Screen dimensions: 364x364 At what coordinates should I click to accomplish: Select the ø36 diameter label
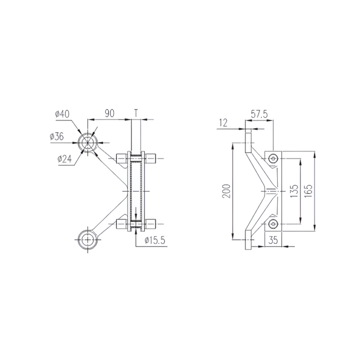[x=57, y=136]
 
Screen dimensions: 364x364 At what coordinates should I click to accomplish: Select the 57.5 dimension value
[x=260, y=114]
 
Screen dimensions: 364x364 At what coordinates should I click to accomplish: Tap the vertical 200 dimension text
[x=227, y=191]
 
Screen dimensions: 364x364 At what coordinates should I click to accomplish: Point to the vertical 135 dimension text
[x=294, y=191]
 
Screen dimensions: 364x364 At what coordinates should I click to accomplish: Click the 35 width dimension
[x=273, y=240]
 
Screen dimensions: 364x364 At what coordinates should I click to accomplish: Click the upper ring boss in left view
[x=88, y=142]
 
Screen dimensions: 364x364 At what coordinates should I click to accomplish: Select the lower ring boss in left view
[x=88, y=239]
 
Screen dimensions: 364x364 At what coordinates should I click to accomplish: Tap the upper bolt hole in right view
[x=273, y=158]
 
